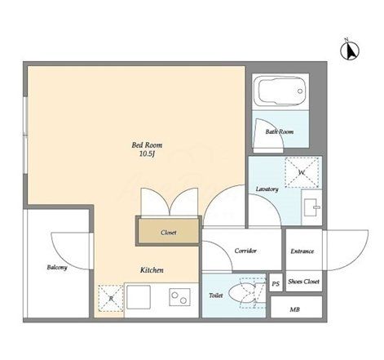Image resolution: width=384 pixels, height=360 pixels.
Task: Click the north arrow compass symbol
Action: point(350,50)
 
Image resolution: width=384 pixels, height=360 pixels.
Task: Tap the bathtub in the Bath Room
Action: point(280,90)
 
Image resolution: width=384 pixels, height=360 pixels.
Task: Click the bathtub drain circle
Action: point(300,91)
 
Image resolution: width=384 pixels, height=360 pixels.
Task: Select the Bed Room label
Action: point(147,145)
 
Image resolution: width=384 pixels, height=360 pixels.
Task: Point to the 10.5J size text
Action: point(147,154)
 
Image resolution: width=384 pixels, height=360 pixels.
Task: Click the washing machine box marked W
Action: point(302,172)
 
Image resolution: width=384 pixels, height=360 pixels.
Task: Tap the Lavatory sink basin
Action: point(311,207)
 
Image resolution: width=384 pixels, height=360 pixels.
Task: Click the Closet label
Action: point(169,233)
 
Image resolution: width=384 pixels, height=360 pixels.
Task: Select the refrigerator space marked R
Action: point(111,298)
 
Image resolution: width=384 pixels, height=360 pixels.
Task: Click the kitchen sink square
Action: point(139,297)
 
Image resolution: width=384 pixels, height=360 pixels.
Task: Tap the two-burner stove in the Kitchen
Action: point(179,297)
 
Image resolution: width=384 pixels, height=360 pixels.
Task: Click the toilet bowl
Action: point(241,293)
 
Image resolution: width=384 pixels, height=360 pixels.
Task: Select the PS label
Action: point(276,284)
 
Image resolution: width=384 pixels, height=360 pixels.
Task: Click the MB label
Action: point(294,309)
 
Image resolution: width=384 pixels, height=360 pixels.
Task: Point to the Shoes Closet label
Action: point(303,282)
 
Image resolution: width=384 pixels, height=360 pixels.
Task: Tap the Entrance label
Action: point(302,251)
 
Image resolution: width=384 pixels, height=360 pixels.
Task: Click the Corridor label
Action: point(245,251)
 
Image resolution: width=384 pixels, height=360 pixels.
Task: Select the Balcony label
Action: point(57,268)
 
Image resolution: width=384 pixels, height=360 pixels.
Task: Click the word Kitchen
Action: point(152,270)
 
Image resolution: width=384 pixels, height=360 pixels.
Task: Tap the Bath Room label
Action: point(280,132)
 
